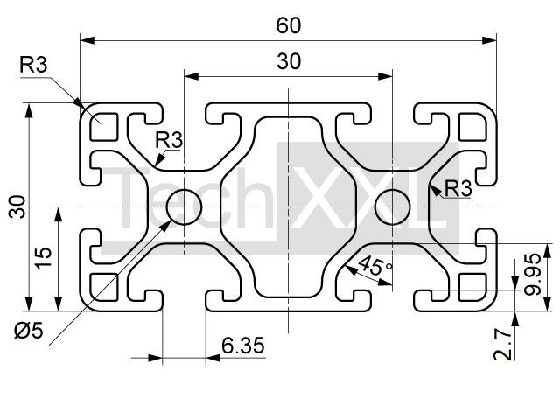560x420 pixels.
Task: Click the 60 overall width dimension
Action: (x=289, y=25)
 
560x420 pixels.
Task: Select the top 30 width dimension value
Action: (x=289, y=61)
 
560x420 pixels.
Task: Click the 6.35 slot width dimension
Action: (x=242, y=346)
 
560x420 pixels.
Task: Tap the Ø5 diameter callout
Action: (x=29, y=332)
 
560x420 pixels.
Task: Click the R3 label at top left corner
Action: (x=34, y=64)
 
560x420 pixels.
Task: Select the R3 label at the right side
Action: (x=458, y=187)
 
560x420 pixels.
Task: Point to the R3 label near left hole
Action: (x=169, y=138)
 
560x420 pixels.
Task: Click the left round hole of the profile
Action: (x=185, y=207)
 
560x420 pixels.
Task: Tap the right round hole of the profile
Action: (x=393, y=207)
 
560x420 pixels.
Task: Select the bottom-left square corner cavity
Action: (x=103, y=287)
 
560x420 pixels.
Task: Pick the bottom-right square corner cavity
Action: (x=474, y=287)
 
